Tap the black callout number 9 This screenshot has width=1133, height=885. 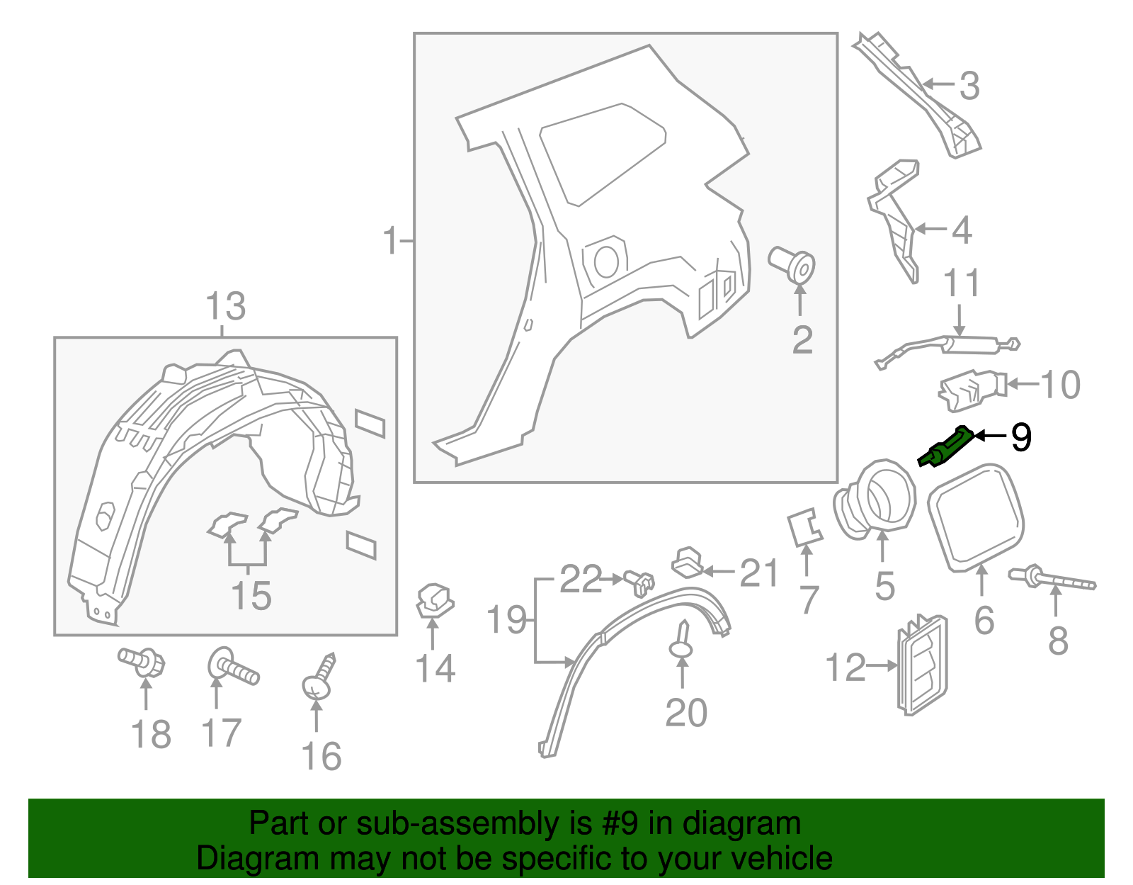click(x=1020, y=437)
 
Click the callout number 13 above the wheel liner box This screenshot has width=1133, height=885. click(x=225, y=307)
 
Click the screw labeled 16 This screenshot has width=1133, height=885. click(x=319, y=680)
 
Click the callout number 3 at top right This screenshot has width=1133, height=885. click(x=969, y=86)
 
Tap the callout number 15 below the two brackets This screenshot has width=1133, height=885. click(x=251, y=595)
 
